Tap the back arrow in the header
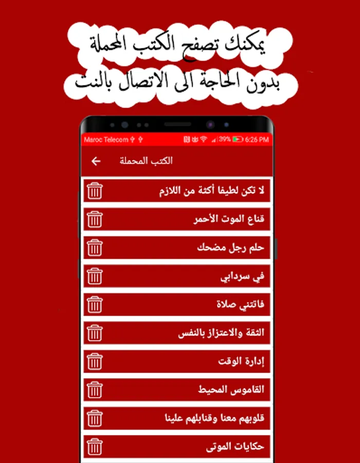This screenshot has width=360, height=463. click(96, 162)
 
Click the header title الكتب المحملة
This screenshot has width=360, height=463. click(146, 161)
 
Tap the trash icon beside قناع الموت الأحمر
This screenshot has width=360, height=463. click(95, 220)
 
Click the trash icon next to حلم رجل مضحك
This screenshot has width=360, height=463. click(95, 248)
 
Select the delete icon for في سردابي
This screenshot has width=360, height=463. click(95, 276)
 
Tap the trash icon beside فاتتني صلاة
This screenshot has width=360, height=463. click(95, 305)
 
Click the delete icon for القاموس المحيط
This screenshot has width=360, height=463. click(95, 389)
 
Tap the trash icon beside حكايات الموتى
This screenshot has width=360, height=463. click(95, 446)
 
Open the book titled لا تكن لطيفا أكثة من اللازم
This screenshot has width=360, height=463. click(212, 191)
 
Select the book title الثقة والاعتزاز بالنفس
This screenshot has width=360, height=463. click(221, 333)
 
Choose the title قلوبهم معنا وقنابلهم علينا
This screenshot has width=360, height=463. click(214, 418)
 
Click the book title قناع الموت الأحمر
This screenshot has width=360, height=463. click(229, 220)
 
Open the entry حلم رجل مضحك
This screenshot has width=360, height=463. click(230, 248)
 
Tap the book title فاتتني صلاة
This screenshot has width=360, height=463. click(240, 305)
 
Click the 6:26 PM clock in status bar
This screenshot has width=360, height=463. click(258, 139)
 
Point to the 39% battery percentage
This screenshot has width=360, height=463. click(225, 139)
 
